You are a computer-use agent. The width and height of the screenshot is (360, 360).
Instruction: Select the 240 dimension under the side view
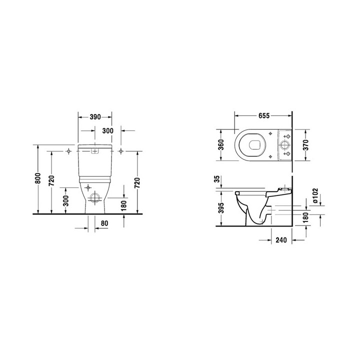pyautogui.click(x=280, y=240)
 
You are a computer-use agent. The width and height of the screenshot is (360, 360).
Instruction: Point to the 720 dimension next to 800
pyautogui.click(x=51, y=180)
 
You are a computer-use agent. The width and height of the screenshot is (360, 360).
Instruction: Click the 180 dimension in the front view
pyautogui.click(x=124, y=204)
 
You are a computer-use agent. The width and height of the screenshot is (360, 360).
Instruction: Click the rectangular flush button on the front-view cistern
pyautogui.click(x=94, y=150)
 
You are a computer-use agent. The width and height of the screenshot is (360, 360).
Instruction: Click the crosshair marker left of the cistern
pyautogui.click(x=68, y=150)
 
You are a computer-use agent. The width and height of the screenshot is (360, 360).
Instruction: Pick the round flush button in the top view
pyautogui.click(x=285, y=145)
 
